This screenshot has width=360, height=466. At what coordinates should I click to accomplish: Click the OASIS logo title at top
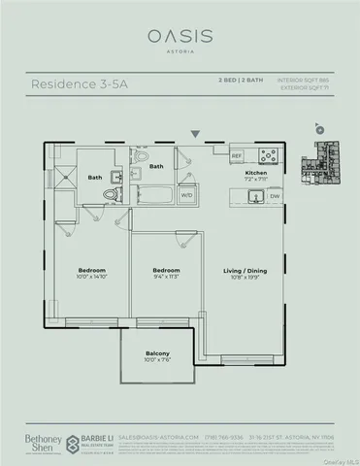tap(180, 35)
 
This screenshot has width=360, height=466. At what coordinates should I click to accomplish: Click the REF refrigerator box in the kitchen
tap(236, 155)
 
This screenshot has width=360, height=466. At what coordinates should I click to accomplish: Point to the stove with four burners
tap(268, 154)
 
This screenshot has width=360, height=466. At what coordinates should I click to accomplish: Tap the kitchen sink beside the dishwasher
tap(255, 196)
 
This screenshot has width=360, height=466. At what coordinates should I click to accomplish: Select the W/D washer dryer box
tap(213, 194)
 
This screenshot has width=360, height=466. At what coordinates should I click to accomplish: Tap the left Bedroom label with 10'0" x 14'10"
tap(92, 272)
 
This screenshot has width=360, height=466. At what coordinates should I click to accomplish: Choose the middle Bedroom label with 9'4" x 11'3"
tap(167, 272)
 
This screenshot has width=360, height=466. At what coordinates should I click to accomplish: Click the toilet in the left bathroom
tap(112, 194)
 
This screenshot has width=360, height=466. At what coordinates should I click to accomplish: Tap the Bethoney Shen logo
tap(38, 443)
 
